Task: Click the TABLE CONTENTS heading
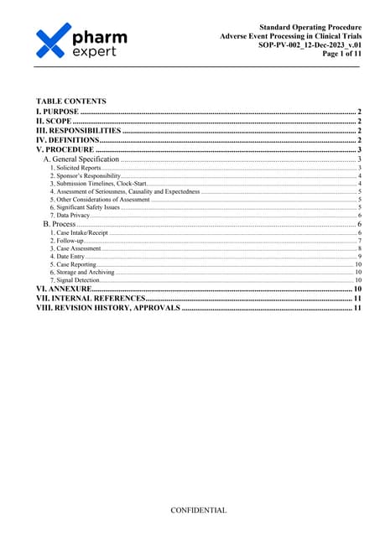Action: [70, 101]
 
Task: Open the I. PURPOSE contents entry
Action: [57, 112]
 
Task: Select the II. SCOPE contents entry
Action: [54, 121]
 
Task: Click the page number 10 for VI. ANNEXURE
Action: [355, 289]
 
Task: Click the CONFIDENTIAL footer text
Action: [198, 509]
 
